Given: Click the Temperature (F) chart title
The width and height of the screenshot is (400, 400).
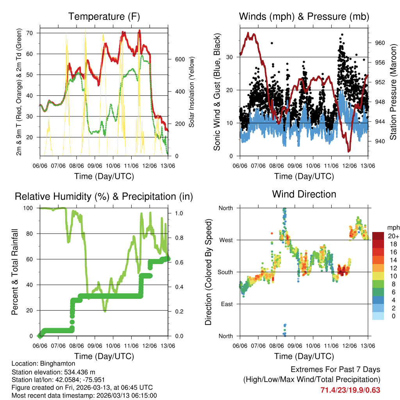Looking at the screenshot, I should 104,17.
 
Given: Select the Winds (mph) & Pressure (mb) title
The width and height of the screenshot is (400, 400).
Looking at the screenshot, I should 304,17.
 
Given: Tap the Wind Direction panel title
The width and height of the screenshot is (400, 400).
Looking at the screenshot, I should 304,194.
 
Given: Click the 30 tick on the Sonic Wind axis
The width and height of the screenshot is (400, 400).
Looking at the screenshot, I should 231,57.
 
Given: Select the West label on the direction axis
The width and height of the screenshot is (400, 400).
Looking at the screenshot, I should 225,240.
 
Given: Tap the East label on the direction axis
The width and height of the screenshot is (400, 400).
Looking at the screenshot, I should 226,304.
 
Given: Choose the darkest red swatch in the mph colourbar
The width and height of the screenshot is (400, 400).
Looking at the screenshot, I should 379,236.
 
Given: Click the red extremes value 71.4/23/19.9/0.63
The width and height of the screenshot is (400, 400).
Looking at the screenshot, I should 350,390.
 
